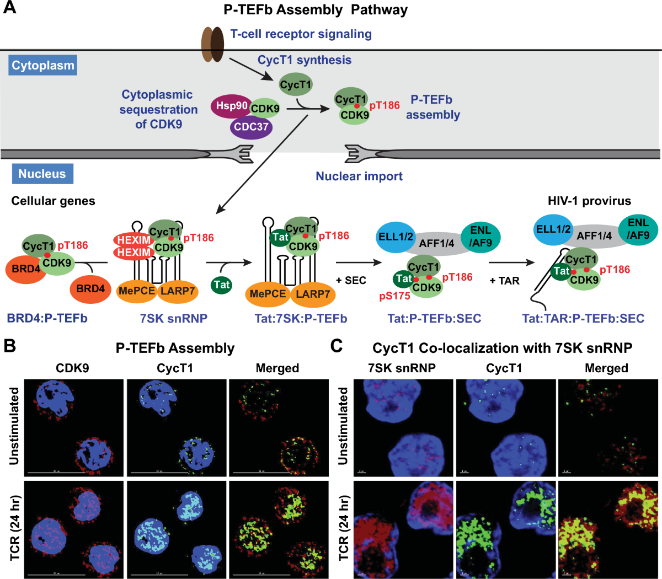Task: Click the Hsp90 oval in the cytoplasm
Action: click(231, 106)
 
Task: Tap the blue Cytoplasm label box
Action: click(43, 66)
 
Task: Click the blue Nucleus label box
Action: click(42, 174)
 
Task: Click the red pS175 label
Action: click(394, 297)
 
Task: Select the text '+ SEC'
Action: click(351, 280)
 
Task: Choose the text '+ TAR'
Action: click(504, 280)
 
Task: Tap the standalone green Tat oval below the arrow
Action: click(222, 285)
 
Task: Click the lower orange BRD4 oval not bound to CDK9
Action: click(90, 288)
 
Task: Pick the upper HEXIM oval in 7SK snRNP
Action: click(134, 240)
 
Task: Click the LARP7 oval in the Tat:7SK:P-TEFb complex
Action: click(312, 294)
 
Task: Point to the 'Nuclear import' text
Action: click(359, 176)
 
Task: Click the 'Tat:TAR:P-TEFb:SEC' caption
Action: click(583, 318)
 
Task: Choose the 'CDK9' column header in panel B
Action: click(72, 368)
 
